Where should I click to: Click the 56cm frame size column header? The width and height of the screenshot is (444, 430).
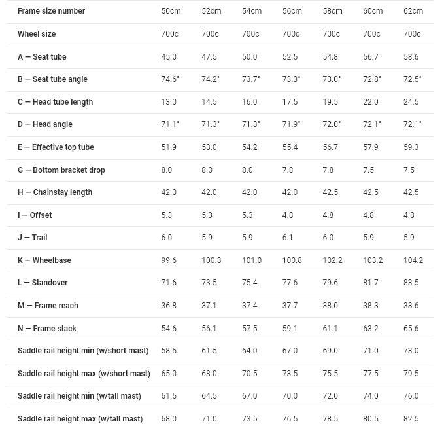click(x=292, y=11)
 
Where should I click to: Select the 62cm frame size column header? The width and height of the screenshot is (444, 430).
click(x=413, y=11)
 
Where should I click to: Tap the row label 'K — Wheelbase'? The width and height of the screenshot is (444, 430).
click(x=44, y=260)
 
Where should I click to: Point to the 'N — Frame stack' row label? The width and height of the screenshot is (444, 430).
click(x=47, y=329)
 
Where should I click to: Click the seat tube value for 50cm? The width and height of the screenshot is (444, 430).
click(x=169, y=57)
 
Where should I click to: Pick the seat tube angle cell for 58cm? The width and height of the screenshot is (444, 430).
click(x=332, y=79)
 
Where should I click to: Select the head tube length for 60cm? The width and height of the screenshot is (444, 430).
click(x=371, y=102)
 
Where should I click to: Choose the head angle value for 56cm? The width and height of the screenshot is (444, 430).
click(x=292, y=124)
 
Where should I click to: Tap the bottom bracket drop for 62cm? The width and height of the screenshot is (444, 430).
click(x=409, y=170)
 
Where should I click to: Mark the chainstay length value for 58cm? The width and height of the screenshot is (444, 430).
click(x=331, y=192)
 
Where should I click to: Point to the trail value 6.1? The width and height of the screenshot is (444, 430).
click(x=288, y=238)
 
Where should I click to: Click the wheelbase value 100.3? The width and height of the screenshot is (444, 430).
click(x=211, y=260)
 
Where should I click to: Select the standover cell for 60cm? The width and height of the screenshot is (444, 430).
click(x=371, y=283)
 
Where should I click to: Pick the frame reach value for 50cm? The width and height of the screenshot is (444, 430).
click(x=169, y=306)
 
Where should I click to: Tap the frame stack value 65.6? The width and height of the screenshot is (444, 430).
click(x=411, y=329)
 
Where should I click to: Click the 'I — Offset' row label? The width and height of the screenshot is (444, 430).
click(x=35, y=215)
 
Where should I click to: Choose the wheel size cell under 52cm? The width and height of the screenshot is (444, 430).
click(x=210, y=34)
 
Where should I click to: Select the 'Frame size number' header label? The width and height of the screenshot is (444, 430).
click(x=51, y=11)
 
